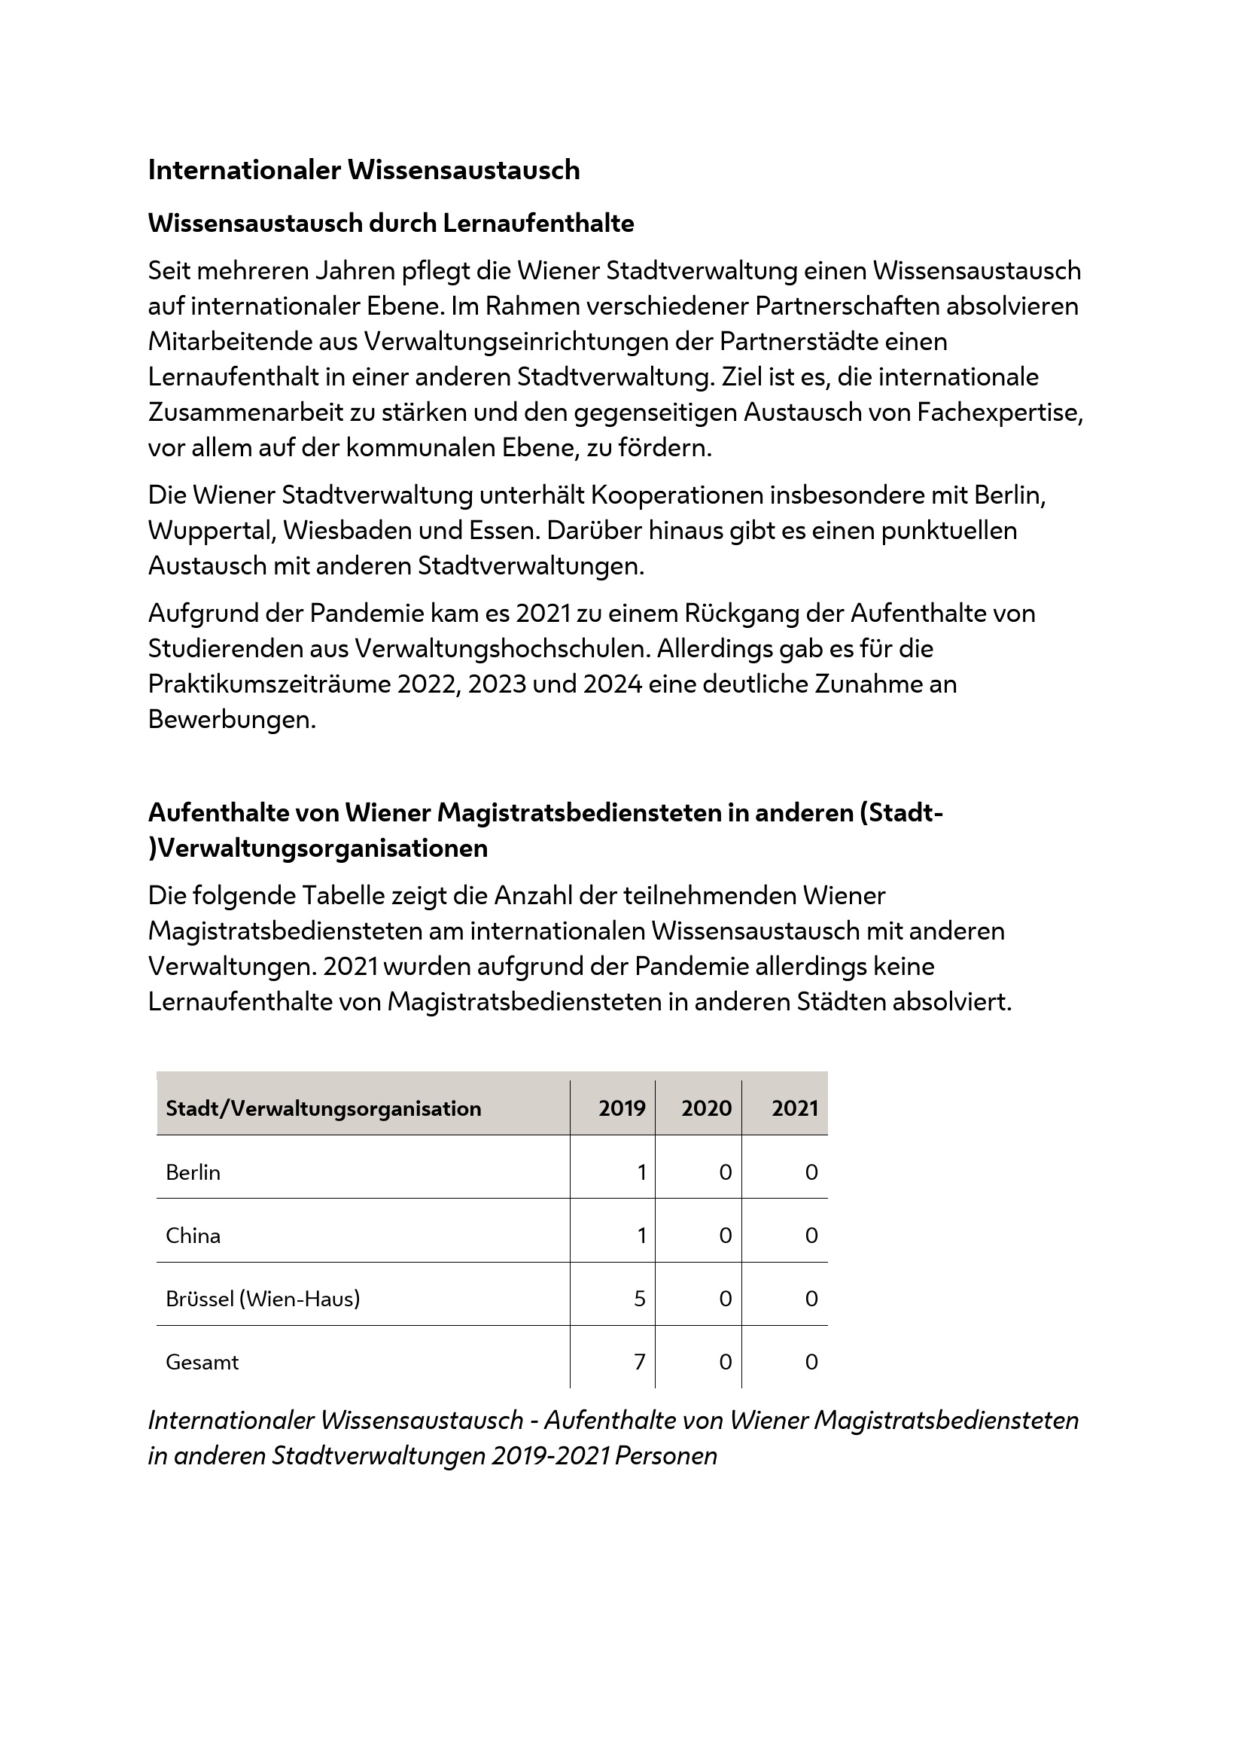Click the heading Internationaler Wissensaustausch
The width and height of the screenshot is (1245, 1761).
pos(364,169)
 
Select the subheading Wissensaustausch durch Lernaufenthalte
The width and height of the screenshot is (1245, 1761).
pos(391,223)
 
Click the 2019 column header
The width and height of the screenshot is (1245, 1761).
pos(622,1108)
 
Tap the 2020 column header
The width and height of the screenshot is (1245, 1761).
pos(706,1108)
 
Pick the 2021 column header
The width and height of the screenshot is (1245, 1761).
pos(794,1108)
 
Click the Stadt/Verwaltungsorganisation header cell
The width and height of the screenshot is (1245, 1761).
pos(323,1108)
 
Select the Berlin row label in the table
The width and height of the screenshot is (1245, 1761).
pos(193,1172)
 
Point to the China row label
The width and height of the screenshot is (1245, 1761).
pos(193,1235)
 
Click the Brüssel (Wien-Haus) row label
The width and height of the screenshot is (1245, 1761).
pos(262,1299)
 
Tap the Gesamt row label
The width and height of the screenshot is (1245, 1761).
pos(202,1362)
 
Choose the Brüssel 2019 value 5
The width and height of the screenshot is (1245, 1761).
pos(639,1299)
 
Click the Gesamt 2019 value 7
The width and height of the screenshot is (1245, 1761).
pos(639,1362)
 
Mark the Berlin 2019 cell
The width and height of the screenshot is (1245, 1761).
pos(641,1172)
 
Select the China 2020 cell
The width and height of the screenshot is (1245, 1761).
pos(725,1235)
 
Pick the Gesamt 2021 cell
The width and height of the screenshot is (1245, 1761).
pos(811,1362)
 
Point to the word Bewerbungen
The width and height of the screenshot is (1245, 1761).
pos(232,720)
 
